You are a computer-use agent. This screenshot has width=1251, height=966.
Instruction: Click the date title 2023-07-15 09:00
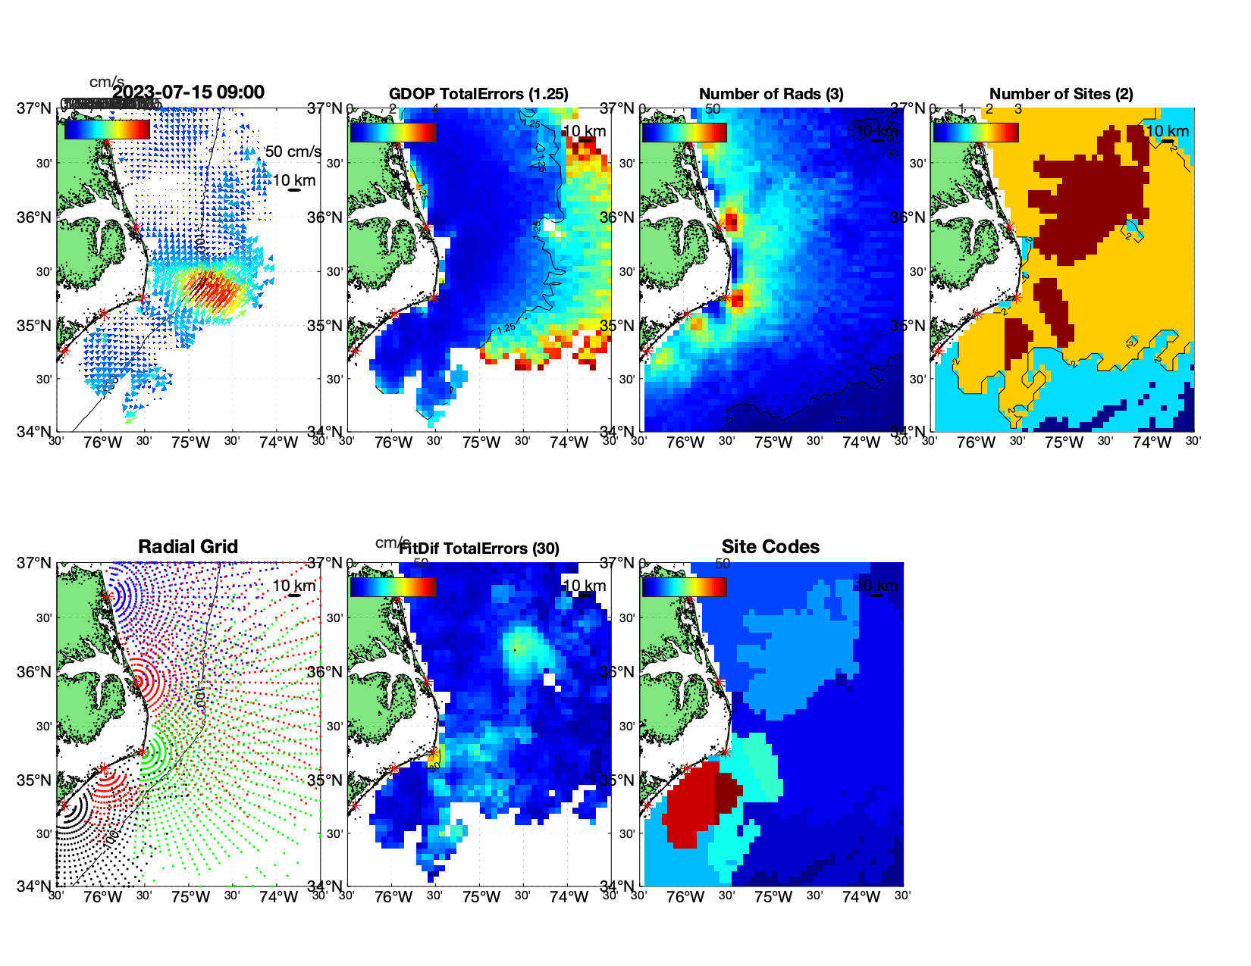click(189, 92)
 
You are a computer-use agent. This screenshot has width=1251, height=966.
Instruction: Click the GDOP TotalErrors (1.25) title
click(478, 94)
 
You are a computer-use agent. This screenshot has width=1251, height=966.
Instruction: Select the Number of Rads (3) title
click(771, 94)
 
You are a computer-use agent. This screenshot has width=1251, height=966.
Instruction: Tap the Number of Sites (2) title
click(1061, 94)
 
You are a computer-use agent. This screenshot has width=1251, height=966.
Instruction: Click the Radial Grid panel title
click(188, 547)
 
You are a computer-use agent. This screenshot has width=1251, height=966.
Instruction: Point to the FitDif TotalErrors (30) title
click(479, 549)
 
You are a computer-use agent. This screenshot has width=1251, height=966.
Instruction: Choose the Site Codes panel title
click(770, 547)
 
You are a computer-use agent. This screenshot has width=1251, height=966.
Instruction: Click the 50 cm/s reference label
click(293, 152)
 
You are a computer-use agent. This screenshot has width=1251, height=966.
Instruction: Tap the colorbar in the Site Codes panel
click(684, 587)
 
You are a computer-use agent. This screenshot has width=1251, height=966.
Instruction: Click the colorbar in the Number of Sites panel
click(976, 133)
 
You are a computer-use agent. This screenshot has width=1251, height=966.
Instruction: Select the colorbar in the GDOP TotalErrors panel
click(393, 133)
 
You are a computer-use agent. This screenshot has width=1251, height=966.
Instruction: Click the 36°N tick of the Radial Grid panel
click(34, 672)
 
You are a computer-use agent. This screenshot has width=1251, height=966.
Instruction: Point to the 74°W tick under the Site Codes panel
click(861, 897)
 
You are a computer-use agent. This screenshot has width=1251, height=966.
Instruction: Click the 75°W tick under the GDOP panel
click(481, 442)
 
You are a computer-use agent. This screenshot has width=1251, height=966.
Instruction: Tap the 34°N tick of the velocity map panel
click(34, 432)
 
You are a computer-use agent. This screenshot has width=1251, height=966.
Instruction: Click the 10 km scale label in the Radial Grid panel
click(293, 586)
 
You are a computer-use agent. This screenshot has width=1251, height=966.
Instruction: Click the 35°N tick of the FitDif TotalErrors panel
click(326, 780)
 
